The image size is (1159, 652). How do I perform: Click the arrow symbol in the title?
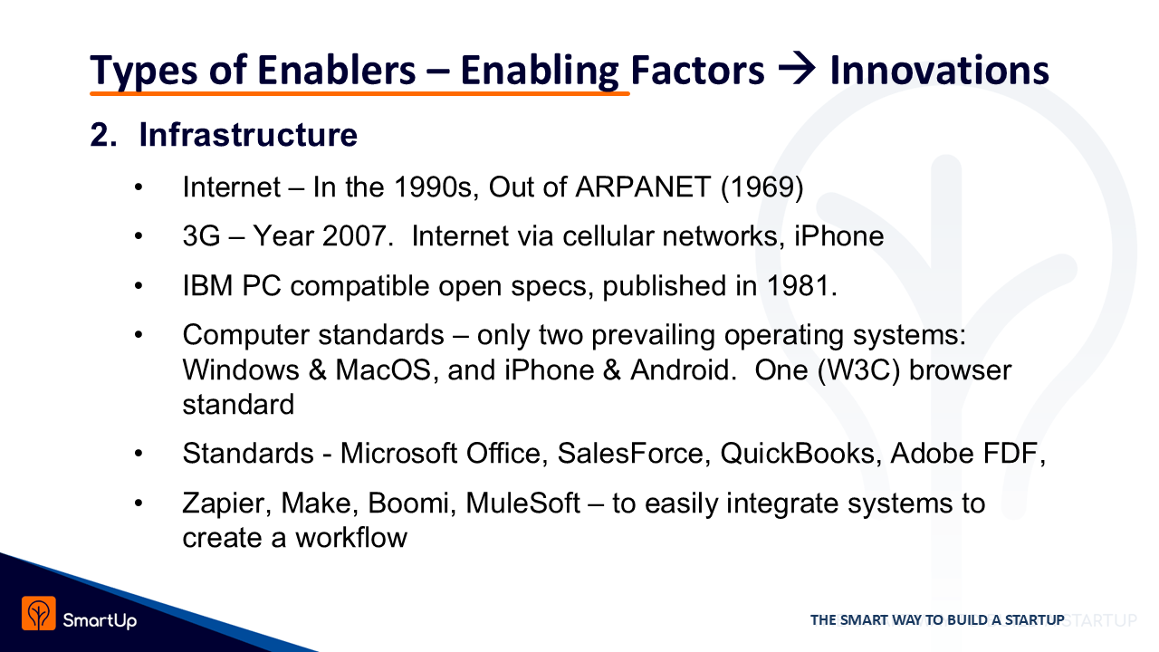click(797, 69)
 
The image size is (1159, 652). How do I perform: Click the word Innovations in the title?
click(940, 70)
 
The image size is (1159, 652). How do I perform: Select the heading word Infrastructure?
click(248, 135)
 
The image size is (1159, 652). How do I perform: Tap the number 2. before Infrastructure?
click(103, 136)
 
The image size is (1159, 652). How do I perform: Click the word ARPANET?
click(643, 187)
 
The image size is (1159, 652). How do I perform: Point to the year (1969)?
click(762, 187)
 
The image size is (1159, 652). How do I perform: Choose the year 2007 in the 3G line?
click(354, 236)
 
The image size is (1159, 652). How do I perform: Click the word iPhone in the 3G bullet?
click(839, 236)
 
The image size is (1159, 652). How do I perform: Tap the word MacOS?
click(383, 370)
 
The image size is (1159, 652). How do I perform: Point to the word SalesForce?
click(630, 454)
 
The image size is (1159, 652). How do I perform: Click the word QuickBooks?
click(798, 454)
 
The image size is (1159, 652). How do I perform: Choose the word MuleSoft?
click(522, 503)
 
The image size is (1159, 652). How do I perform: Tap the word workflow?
click(351, 538)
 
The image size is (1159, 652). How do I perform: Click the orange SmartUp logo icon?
click(39, 614)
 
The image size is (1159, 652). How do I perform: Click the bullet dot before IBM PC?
click(139, 285)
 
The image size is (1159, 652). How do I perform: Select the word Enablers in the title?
click(336, 70)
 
